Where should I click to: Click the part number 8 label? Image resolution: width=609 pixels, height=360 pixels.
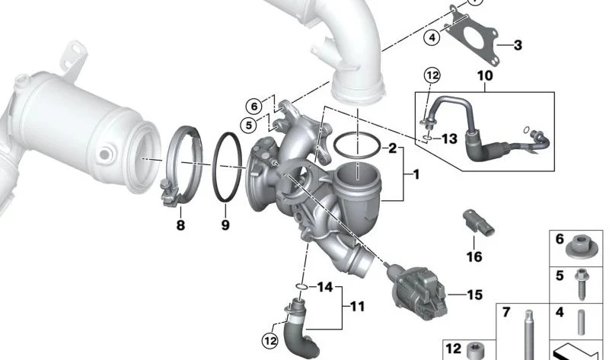tap(180, 225)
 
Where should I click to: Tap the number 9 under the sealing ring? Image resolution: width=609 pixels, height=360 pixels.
tap(225, 225)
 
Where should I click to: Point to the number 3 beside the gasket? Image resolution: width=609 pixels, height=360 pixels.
tap(518, 46)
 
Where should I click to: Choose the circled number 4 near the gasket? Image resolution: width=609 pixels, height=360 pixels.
tap(432, 37)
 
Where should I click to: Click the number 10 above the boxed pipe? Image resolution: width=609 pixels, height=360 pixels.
tap(485, 75)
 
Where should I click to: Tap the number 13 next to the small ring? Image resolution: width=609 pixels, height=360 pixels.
tap(450, 139)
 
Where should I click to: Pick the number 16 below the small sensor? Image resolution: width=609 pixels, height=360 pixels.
tap(474, 256)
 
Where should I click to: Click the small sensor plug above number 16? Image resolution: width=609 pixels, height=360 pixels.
tap(478, 222)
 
